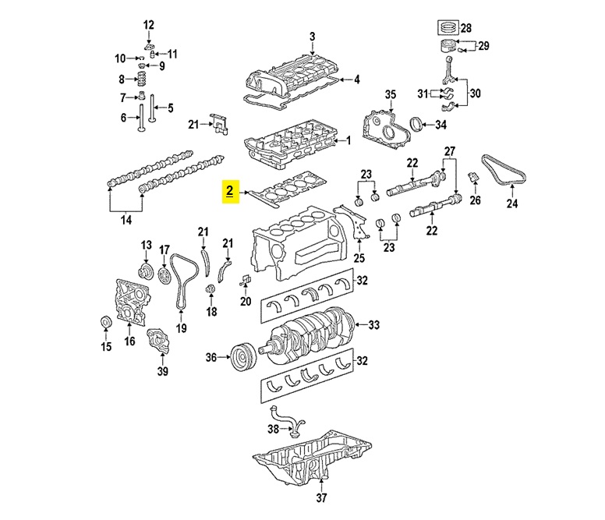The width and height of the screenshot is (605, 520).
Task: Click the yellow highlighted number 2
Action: tap(229, 191)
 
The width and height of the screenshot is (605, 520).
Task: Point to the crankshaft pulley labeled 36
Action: tap(241, 359)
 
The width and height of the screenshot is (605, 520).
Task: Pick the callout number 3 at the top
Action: tap(312, 37)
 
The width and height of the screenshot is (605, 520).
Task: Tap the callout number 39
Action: tap(162, 370)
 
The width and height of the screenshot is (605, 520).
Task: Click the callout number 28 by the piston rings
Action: tap(466, 28)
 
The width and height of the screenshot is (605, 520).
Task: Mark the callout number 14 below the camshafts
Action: tap(126, 221)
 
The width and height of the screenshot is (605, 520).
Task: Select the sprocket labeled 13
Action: tap(144, 273)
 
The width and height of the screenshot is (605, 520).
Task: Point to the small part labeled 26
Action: tap(473, 181)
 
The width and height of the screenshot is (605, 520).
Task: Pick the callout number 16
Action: tap(129, 341)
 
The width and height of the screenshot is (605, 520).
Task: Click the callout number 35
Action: tap(391, 95)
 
